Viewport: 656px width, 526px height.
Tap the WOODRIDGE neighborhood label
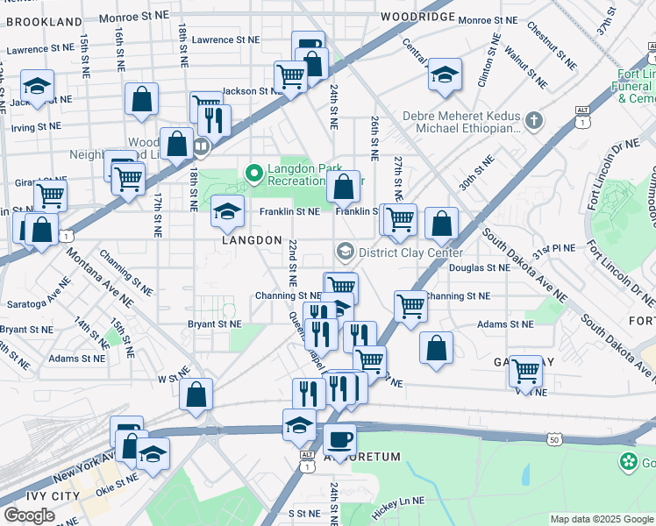[417, 17]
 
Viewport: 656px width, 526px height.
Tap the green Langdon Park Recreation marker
[254, 174]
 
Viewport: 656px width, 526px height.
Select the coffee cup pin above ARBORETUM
[339, 438]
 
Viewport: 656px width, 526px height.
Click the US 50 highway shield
[553, 438]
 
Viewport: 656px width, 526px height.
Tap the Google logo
[29, 515]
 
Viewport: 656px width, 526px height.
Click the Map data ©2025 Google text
[602, 519]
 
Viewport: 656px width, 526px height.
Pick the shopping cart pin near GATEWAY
[525, 371]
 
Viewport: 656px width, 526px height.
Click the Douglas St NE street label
[479, 267]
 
